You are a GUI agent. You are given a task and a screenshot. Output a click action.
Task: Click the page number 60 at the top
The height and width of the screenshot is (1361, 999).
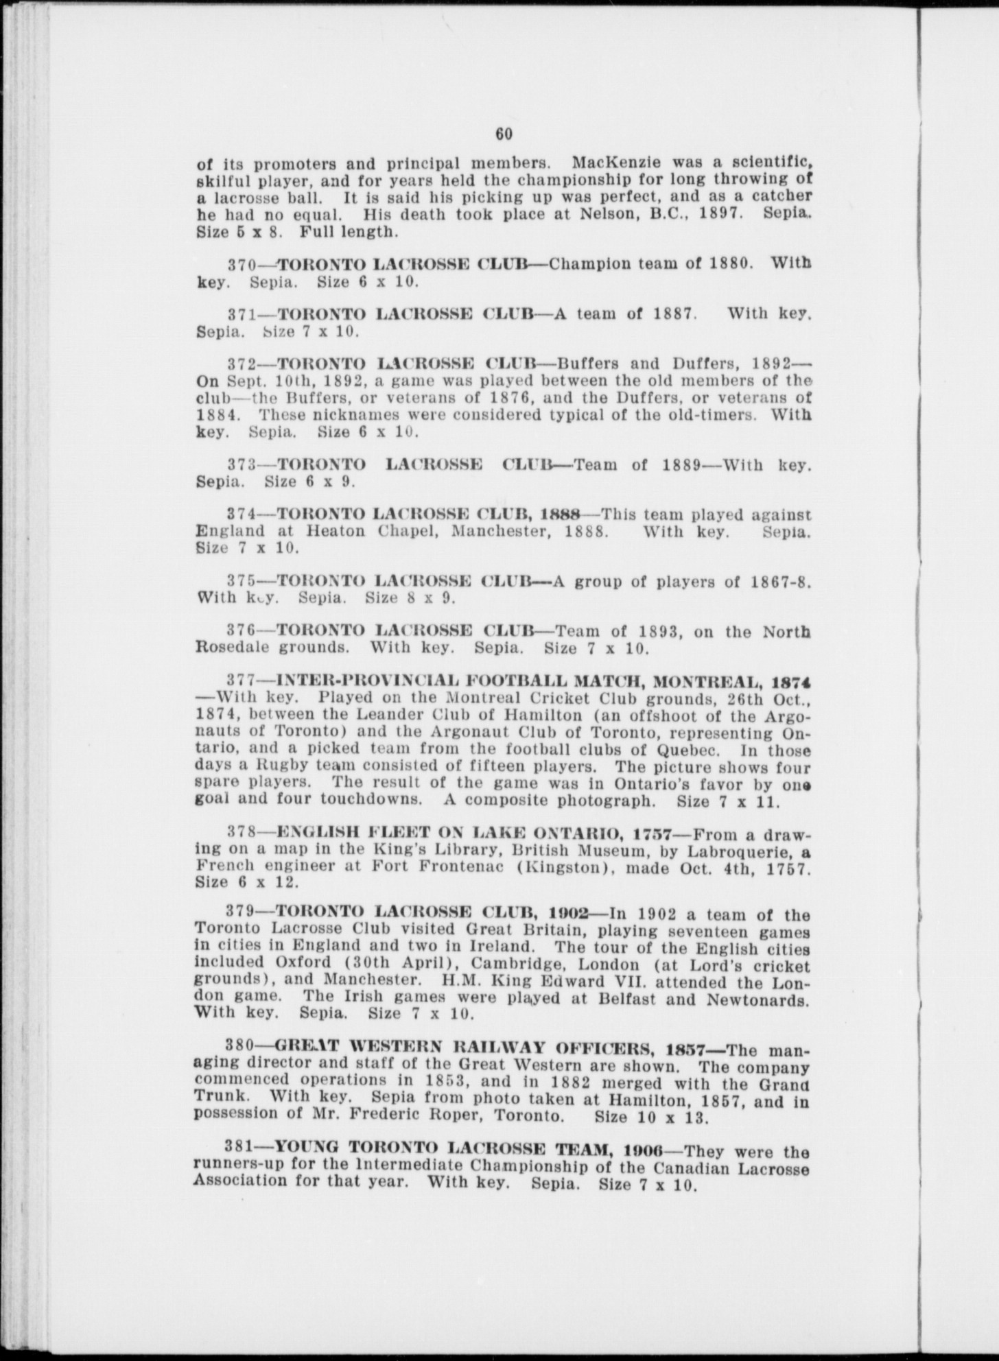504,134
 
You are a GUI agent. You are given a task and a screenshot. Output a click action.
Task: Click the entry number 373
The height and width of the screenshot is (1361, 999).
241,464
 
